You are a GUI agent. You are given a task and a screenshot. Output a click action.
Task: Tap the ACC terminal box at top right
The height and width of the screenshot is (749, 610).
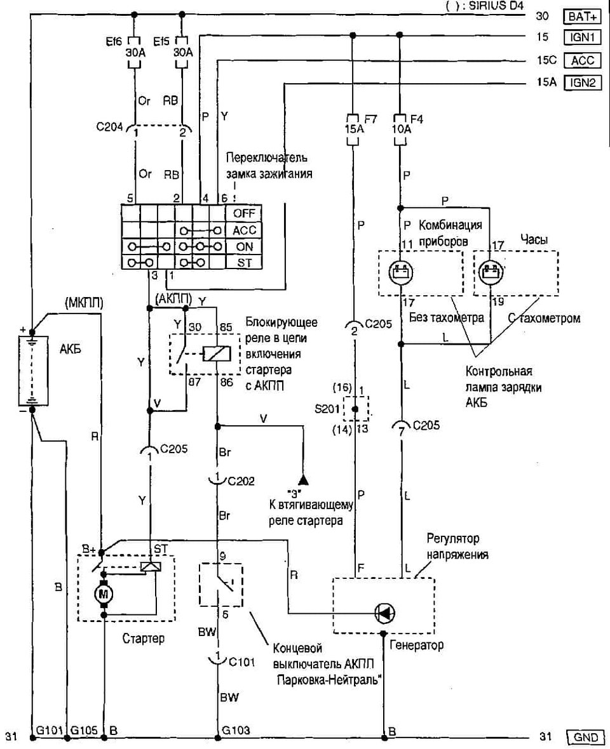[582, 62]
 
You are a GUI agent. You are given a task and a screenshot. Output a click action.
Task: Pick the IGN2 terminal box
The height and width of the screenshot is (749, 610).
[582, 83]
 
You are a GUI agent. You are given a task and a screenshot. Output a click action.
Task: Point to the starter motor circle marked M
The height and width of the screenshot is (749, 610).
[102, 594]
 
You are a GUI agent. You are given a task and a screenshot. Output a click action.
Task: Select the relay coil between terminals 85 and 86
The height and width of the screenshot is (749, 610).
[210, 352]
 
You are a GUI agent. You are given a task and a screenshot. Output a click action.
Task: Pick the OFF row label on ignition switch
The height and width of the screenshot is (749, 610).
[243, 213]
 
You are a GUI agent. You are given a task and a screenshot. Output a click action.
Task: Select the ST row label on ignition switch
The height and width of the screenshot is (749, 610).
[243, 262]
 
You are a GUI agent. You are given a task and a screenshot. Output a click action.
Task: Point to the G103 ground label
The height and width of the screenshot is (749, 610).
[233, 730]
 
